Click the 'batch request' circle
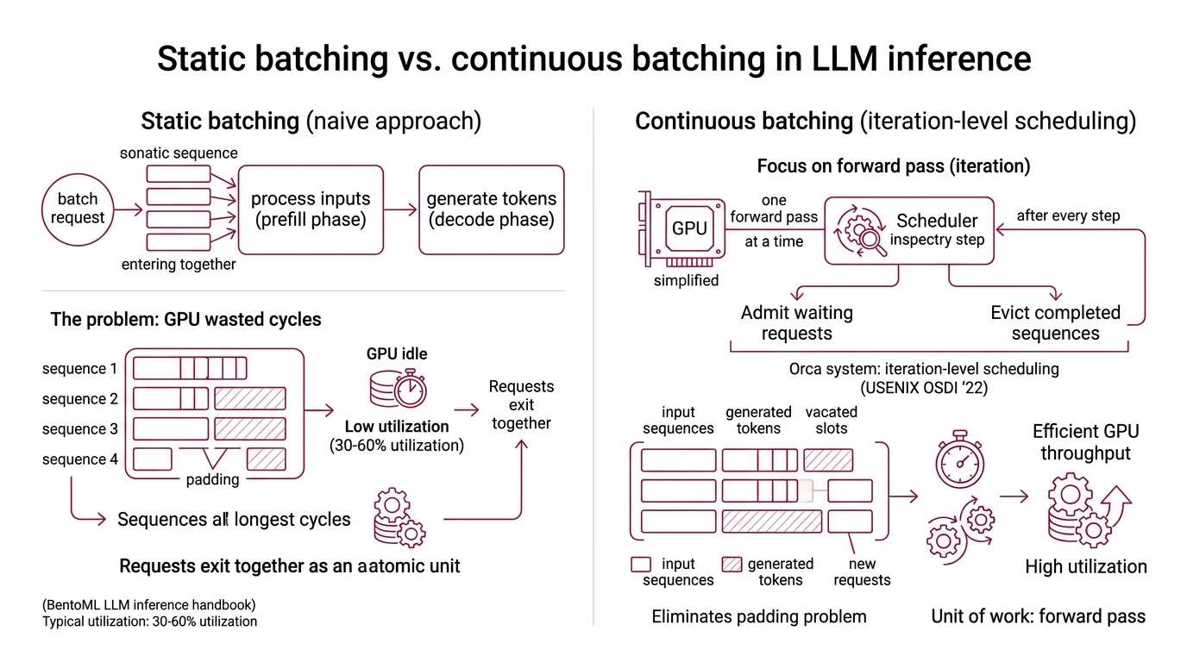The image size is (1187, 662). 77,209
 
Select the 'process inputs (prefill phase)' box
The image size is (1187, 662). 310,209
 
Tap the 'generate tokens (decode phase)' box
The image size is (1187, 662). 491,209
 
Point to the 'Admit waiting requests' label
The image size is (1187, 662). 796,323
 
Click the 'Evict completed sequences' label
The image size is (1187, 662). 1054,323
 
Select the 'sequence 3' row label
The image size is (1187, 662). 79,429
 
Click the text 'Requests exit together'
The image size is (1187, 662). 521,405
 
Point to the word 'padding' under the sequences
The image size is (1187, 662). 212,479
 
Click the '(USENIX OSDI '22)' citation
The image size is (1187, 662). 923,388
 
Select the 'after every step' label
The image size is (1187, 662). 1068,215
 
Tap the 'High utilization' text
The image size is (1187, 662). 1085,566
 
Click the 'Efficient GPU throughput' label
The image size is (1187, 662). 1085,441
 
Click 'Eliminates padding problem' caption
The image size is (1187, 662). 758,616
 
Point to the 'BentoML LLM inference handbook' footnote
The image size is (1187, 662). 149,604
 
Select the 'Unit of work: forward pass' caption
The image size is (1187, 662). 1038,616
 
